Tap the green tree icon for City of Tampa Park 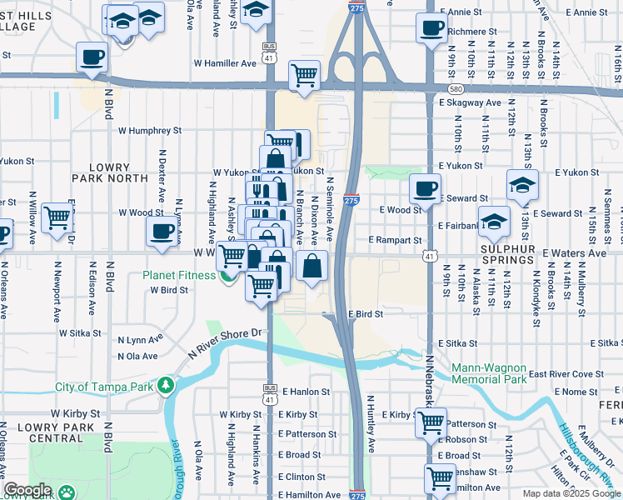point(166,386)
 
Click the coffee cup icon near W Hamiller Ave point(92,57)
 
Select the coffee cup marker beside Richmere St point(431,28)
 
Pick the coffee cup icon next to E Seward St point(425,188)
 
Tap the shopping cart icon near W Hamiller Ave point(305,76)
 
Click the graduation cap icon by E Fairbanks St point(494,221)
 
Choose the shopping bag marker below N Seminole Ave point(311,267)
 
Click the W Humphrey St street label point(149,131)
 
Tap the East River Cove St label point(566,374)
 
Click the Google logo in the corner point(27,490)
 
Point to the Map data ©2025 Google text point(571,493)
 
